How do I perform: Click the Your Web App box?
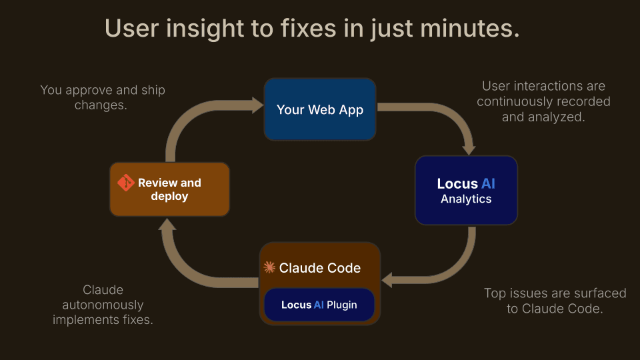pos(320,109)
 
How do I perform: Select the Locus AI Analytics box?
pos(466,190)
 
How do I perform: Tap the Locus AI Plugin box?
pos(319,305)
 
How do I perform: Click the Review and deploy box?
pos(169,189)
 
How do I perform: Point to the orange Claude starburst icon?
pos(269,268)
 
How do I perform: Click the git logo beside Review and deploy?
pos(125,183)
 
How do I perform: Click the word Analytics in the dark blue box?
pos(466,199)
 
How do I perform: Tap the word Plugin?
pos(341,305)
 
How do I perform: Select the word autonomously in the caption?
pos(103,305)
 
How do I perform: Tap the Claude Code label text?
pos(320,268)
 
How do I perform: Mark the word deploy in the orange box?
pos(169,196)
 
